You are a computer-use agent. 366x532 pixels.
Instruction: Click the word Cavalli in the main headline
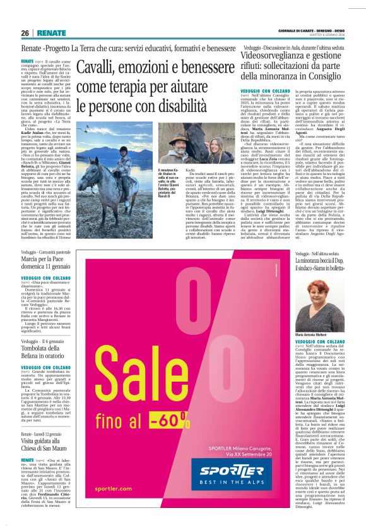pyautogui.click(x=103, y=64)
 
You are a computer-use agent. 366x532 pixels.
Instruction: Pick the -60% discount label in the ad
pyautogui.click(x=172, y=416)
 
